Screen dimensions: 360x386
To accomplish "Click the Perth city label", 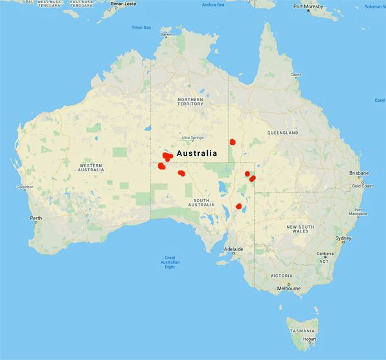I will (35, 218).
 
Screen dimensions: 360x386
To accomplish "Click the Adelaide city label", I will (234, 249).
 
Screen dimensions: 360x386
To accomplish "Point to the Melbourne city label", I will (289, 289).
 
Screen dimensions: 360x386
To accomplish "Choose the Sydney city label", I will (343, 238).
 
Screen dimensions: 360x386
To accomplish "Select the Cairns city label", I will (296, 75).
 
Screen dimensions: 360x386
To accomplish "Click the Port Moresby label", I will (307, 6).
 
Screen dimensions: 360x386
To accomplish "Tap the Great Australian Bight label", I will (170, 263).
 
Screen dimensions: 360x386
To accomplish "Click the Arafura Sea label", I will (213, 5).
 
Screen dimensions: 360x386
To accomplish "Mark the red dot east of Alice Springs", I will (232, 142).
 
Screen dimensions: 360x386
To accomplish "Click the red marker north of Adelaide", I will (239, 206).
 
